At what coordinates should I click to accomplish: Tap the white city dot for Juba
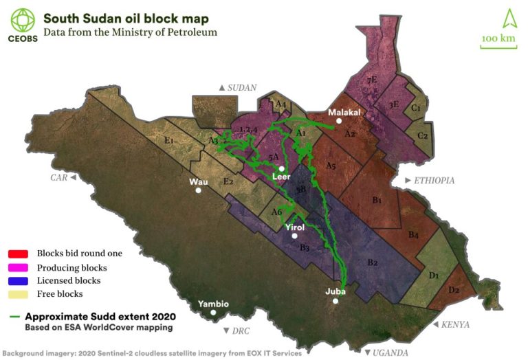pyautogui.click(x=335, y=301)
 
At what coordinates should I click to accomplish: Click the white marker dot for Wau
pyautogui.click(x=199, y=190)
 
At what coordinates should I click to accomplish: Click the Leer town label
pyautogui.click(x=282, y=177)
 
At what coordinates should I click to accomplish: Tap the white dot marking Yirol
pyautogui.click(x=294, y=236)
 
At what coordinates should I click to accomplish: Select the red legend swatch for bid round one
pyautogui.click(x=19, y=254)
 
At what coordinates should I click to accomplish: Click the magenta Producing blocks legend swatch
pyautogui.click(x=19, y=267)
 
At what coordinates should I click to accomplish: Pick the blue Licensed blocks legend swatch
pyautogui.click(x=19, y=280)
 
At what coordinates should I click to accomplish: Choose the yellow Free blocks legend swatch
pyautogui.click(x=19, y=294)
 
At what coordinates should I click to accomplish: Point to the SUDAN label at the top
pyautogui.click(x=241, y=88)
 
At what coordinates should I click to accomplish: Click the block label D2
pyautogui.click(x=454, y=290)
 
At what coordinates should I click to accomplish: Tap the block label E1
pyautogui.click(x=168, y=140)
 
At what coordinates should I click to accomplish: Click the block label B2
pyautogui.click(x=373, y=262)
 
